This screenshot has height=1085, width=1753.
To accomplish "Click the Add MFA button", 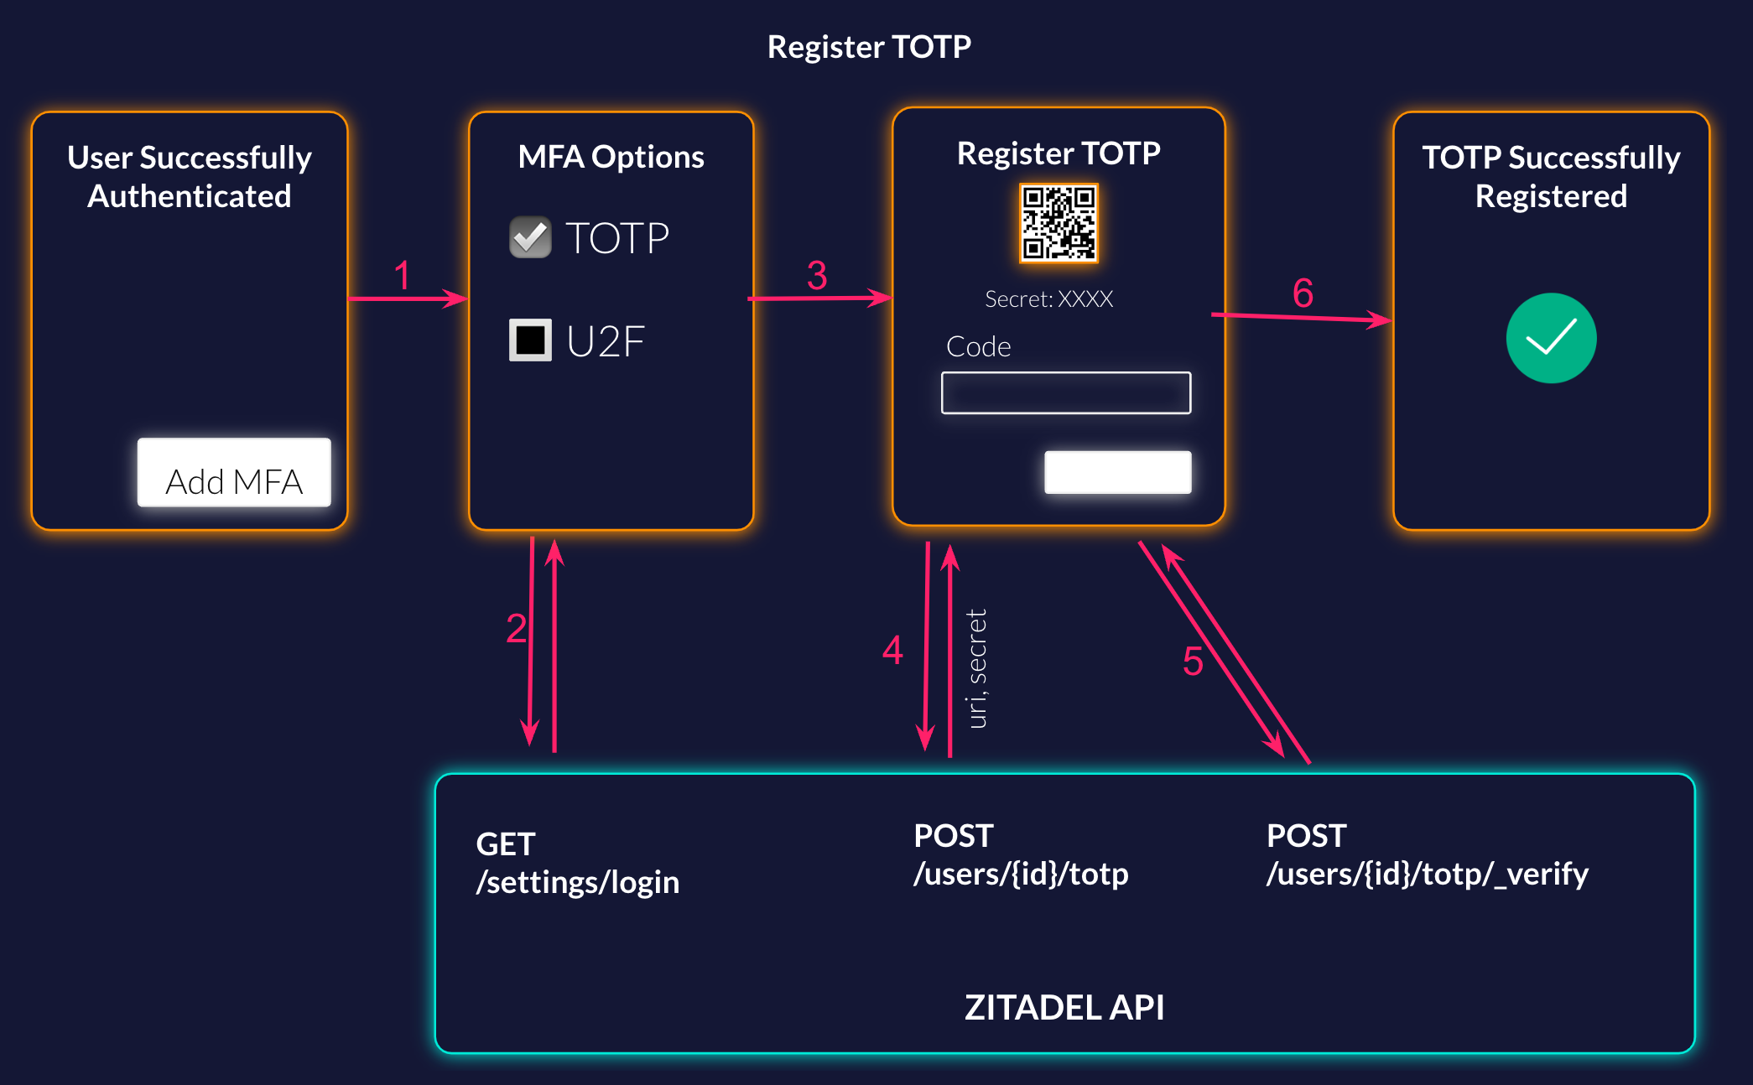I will tap(234, 473).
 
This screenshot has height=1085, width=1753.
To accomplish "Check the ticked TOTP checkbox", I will tap(530, 237).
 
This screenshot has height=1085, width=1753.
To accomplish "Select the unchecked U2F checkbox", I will tap(530, 340).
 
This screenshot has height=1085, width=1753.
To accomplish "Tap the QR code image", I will tap(1058, 224).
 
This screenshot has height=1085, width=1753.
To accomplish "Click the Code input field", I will tap(1065, 392).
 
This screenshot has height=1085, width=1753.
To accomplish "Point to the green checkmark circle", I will tap(1551, 338).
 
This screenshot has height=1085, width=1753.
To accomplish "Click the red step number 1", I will tap(403, 276).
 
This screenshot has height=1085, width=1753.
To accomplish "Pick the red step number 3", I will tap(817, 276).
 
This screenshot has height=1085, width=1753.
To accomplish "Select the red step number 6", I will tap(1303, 293).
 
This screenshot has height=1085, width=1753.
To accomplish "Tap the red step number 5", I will tap(1193, 662).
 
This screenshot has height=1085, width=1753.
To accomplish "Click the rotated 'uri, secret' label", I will tap(976, 668).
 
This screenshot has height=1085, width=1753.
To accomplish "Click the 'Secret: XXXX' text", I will tap(1048, 299).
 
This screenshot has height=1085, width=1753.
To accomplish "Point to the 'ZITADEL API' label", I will tap(1064, 1007).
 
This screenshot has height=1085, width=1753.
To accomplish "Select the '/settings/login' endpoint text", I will tap(577, 882).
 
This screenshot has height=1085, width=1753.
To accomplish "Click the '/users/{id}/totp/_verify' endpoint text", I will tap(1427, 874).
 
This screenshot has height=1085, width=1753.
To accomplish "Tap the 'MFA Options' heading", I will tap(611, 157).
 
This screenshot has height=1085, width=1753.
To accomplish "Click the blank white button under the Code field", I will tap(1117, 472).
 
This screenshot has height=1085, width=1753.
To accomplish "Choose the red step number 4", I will tap(892, 651).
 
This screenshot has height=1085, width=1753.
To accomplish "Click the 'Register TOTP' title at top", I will tap(869, 47).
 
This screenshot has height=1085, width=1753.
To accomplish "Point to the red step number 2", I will tap(517, 629).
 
